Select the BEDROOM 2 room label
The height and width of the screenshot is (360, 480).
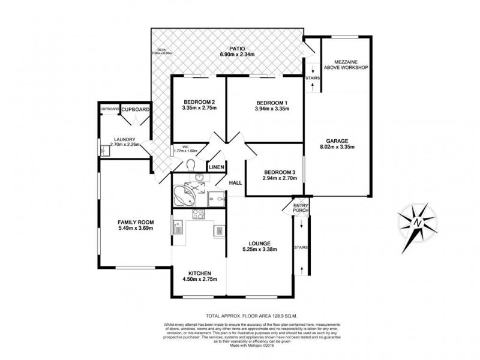(199, 101)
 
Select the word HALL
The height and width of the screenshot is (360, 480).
(236, 183)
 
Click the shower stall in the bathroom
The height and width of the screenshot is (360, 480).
(217, 195)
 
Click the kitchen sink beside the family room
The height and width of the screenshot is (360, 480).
(178, 227)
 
